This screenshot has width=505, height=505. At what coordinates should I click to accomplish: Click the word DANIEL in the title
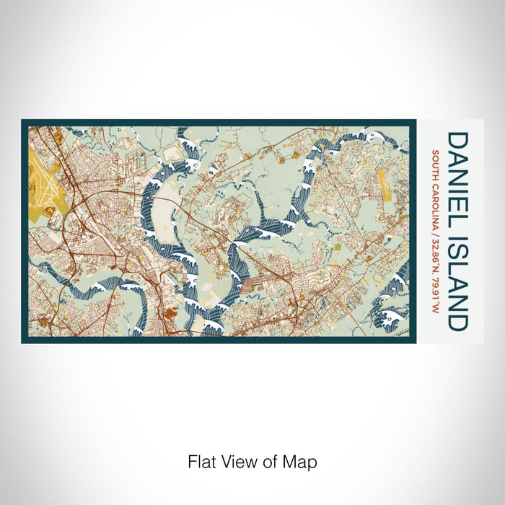click(x=458, y=175)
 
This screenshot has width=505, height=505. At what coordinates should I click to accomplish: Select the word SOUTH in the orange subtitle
click(x=437, y=163)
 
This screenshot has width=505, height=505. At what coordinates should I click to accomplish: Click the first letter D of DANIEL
click(x=458, y=140)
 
